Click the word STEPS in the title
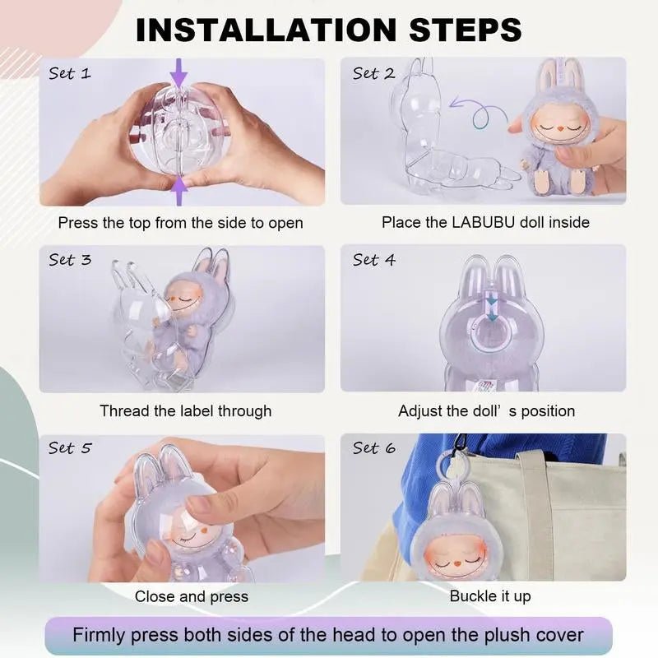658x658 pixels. (465, 30)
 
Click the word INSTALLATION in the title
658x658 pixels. (266, 30)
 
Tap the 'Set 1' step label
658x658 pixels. (70, 73)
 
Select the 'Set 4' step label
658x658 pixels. (374, 260)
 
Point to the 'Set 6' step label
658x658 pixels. (374, 447)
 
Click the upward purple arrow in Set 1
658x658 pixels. (179, 191)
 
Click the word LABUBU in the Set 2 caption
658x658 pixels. (483, 222)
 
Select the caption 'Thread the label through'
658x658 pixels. (186, 410)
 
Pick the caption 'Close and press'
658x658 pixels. (192, 596)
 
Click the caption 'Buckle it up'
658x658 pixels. (490, 595)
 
